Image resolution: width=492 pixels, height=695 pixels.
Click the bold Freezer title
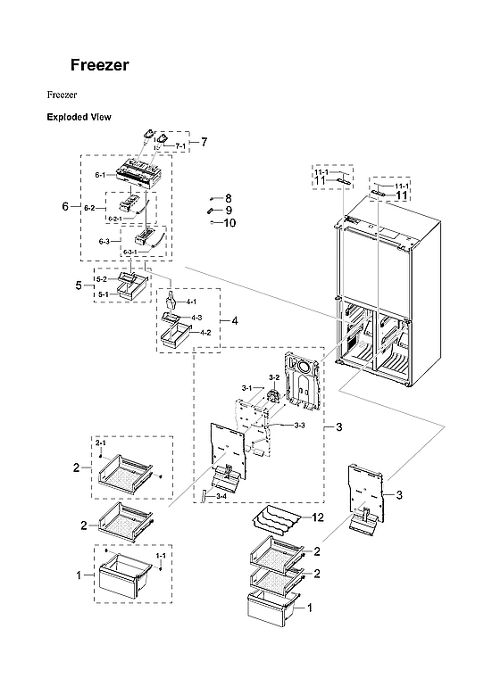(100, 66)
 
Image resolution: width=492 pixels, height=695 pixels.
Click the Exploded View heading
(79, 117)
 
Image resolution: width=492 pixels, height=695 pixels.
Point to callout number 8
(228, 197)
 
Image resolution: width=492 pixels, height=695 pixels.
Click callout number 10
(229, 223)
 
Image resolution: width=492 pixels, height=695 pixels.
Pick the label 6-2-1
(115, 219)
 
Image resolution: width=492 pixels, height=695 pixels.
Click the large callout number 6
(65, 207)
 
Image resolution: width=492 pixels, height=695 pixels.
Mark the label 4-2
(204, 333)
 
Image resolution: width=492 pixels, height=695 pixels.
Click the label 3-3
(299, 425)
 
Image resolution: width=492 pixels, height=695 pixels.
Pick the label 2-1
(101, 443)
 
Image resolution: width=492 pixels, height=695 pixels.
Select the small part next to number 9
(211, 211)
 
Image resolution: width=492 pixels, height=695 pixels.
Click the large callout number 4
(234, 319)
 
